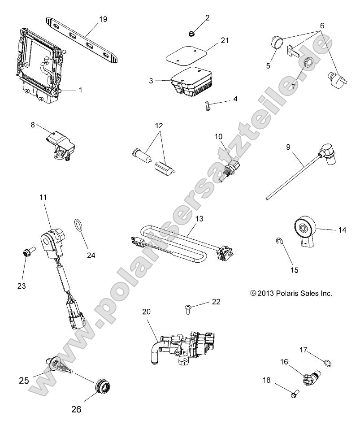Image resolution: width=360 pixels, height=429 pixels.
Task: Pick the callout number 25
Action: point(24,381)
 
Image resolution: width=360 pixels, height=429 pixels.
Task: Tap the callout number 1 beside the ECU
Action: point(80,90)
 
